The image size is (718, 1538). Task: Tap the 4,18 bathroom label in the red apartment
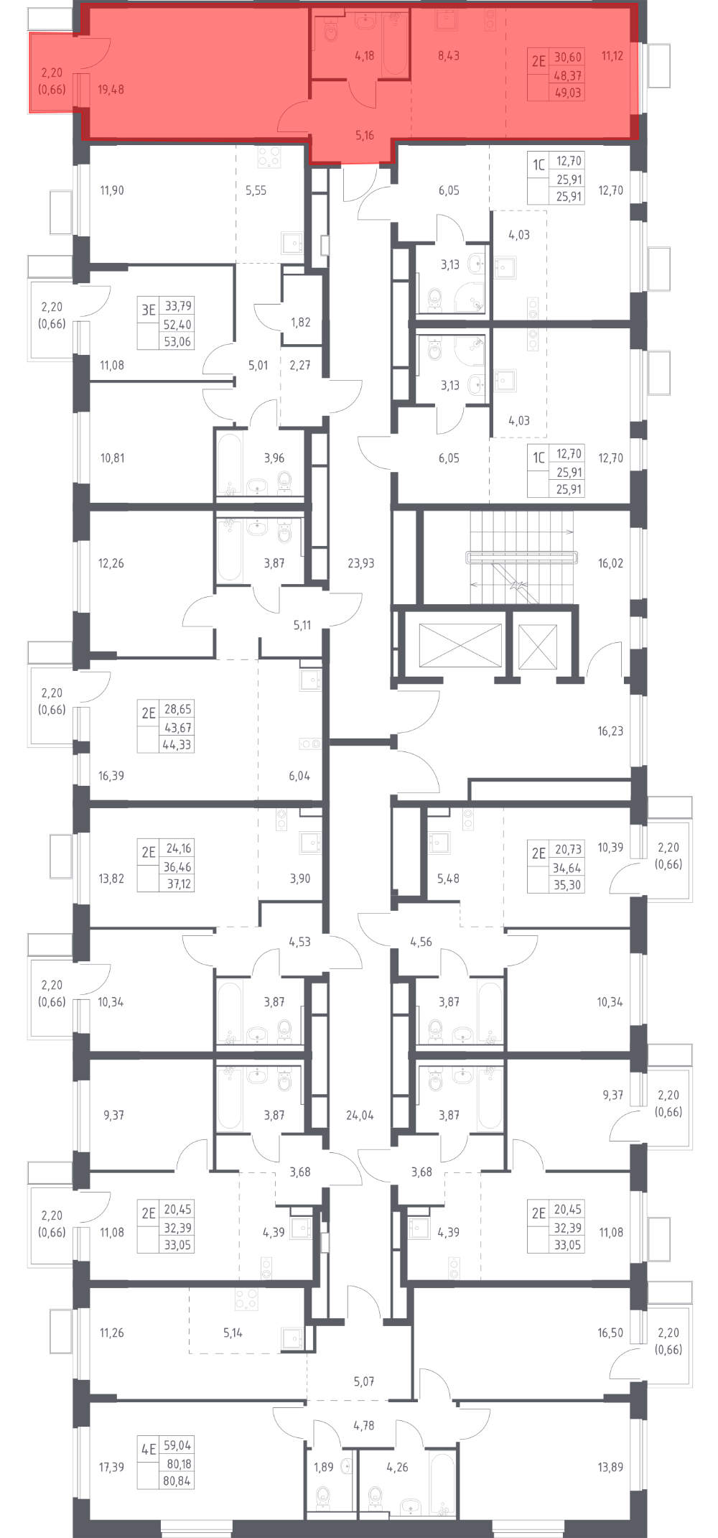click(364, 55)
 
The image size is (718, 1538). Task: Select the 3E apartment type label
click(148, 310)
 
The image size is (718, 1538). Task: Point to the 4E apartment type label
click(148, 1449)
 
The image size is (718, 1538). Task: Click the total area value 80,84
click(177, 1481)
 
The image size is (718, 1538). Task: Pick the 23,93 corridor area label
click(360, 563)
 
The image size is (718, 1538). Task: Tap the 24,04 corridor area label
click(360, 1115)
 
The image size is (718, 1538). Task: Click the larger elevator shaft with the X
click(460, 645)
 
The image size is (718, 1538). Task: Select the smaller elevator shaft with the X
click(538, 647)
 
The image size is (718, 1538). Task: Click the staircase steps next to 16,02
click(522, 557)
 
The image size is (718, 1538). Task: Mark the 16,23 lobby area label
click(610, 731)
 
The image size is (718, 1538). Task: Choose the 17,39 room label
click(111, 1467)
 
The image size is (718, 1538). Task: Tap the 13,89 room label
click(610, 1467)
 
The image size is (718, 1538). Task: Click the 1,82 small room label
click(300, 322)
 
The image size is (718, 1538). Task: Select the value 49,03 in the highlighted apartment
click(567, 93)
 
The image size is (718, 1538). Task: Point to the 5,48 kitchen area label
click(448, 878)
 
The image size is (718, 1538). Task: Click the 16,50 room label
click(610, 1333)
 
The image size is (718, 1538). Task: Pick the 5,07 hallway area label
click(364, 1381)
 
